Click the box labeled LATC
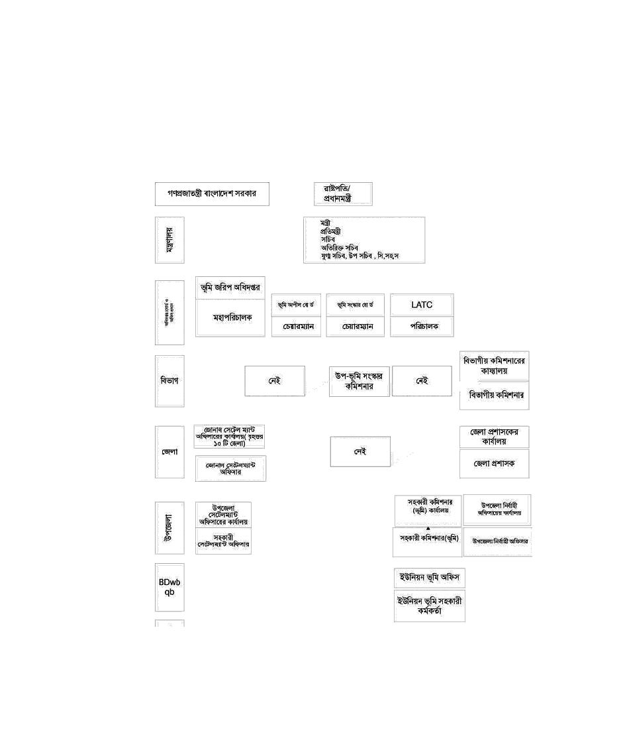(422, 305)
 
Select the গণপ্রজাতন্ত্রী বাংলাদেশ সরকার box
(212, 194)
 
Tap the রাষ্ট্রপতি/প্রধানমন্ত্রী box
(342, 194)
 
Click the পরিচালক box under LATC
(422, 327)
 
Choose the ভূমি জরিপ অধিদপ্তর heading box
(230, 288)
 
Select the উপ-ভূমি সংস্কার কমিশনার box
(359, 381)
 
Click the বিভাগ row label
(169, 381)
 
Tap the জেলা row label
(169, 452)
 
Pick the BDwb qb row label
(169, 587)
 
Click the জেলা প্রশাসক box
(494, 464)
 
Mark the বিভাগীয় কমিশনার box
(494, 395)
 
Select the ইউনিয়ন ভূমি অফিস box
(430, 577)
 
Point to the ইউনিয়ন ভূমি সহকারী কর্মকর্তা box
(430, 606)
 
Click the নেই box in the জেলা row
(360, 452)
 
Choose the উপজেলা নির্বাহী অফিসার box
(497, 541)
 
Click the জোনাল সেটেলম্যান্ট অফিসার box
(230, 468)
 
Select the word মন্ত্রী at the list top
(326, 223)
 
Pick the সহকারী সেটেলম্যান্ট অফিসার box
(223, 541)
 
